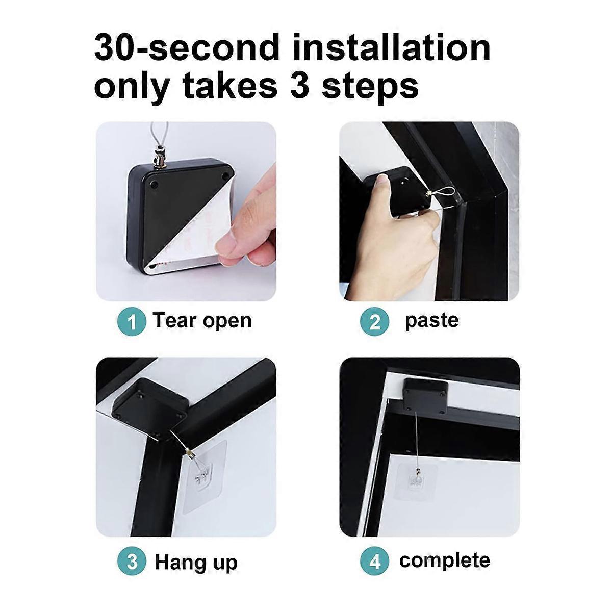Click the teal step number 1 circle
132,322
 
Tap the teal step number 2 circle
374,322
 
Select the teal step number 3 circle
132,562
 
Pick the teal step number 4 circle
374,562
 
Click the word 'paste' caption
431,321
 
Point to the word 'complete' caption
444,560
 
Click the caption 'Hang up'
196,562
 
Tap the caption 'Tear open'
202,321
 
